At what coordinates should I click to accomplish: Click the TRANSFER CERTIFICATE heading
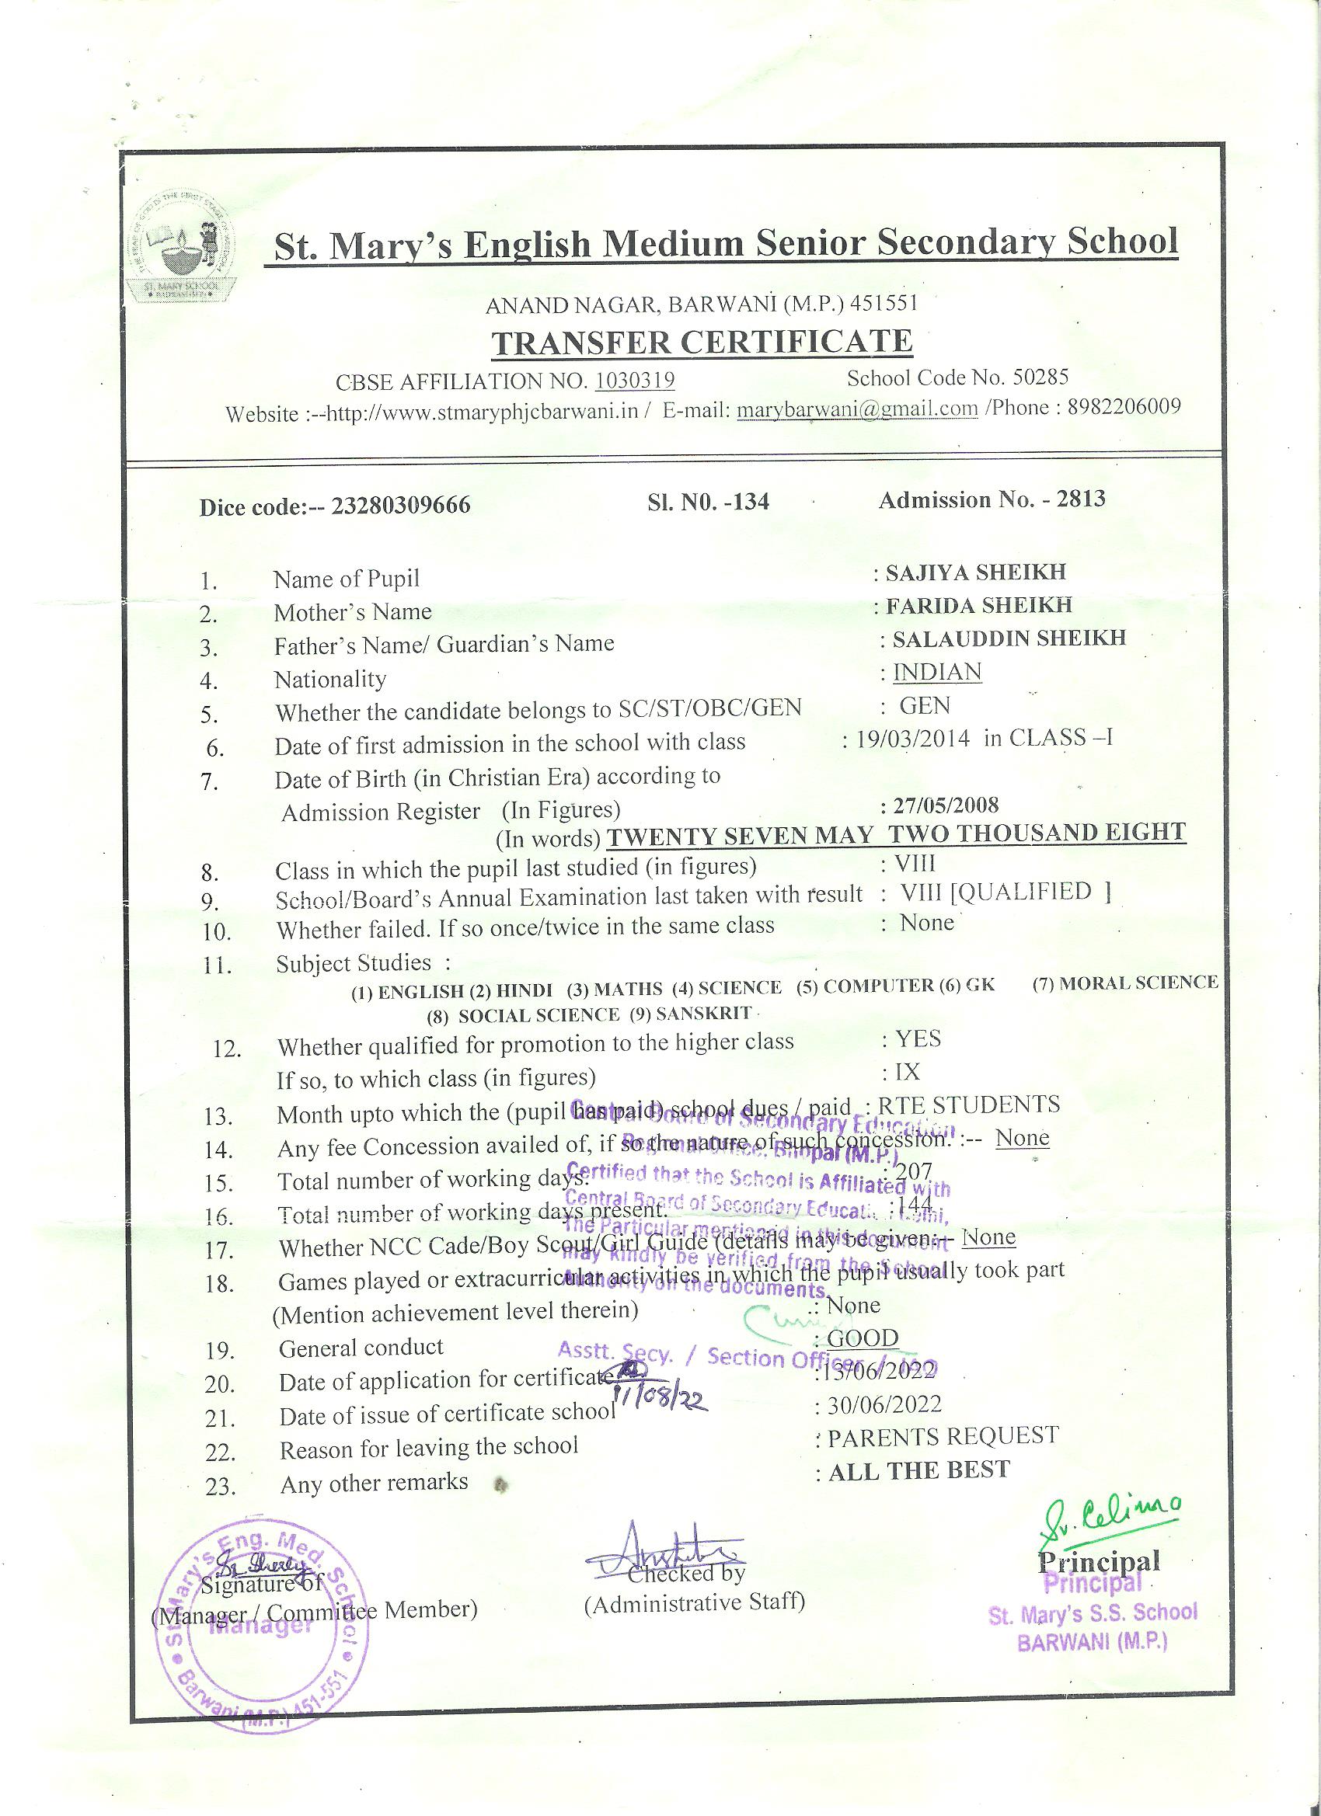click(x=702, y=343)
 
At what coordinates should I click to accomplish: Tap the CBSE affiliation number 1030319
click(x=636, y=380)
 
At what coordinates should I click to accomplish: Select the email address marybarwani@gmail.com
click(x=857, y=409)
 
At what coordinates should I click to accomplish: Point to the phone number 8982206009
click(x=1123, y=407)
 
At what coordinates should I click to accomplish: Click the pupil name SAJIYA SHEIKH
click(x=976, y=572)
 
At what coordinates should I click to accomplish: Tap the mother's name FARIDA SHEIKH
click(x=979, y=605)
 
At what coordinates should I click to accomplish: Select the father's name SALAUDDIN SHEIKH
click(x=1009, y=638)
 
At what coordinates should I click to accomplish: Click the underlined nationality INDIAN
click(x=936, y=672)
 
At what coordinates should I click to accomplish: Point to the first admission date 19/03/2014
click(x=912, y=738)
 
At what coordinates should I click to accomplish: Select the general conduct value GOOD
click(x=862, y=1339)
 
